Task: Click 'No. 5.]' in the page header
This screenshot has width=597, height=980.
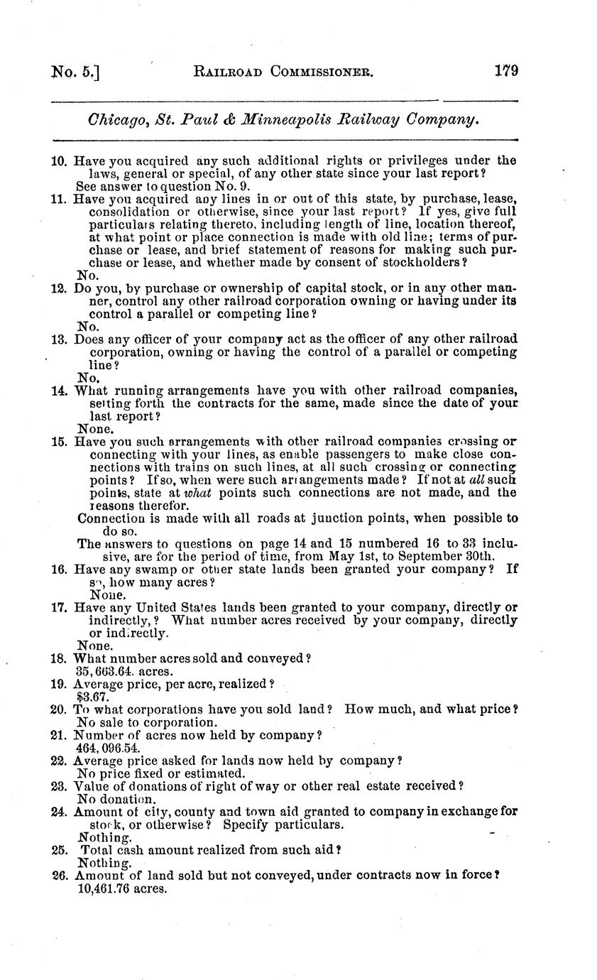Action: click(75, 72)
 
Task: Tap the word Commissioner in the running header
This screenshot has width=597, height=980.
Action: click(313, 72)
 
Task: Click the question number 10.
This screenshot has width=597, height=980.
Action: click(59, 161)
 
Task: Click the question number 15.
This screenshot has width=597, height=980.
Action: click(59, 442)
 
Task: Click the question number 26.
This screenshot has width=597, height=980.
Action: click(59, 876)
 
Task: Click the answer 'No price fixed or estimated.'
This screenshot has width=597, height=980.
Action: click(161, 773)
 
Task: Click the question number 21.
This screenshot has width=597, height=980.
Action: click(59, 735)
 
